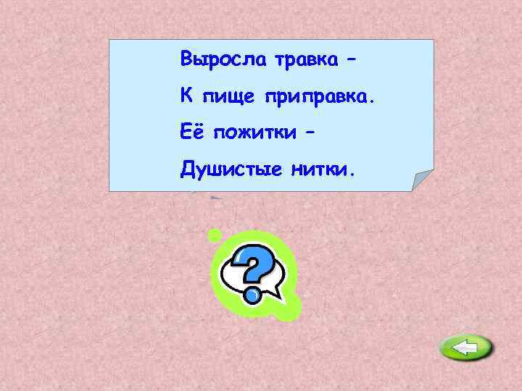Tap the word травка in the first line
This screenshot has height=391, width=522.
(x=305, y=59)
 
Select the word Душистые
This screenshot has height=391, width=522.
(x=231, y=170)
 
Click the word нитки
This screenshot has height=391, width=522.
(x=319, y=169)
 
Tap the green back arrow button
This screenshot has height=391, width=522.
(x=465, y=349)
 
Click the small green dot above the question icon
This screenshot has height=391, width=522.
(x=214, y=235)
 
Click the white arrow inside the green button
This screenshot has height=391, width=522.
(x=465, y=349)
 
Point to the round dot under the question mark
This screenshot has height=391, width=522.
(x=252, y=295)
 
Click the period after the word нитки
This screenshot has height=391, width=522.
(x=353, y=175)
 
